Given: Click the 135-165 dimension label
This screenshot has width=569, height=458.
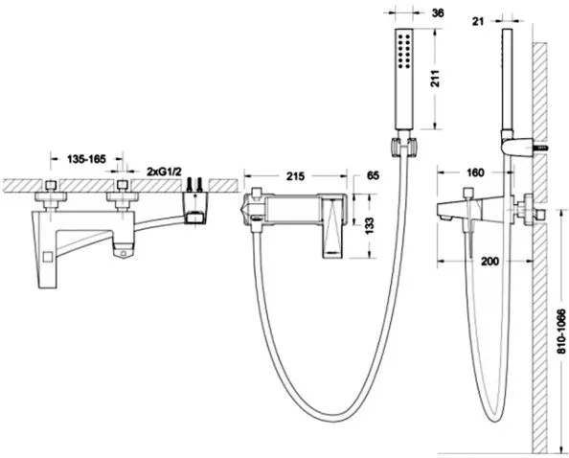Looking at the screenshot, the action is pos(86,159).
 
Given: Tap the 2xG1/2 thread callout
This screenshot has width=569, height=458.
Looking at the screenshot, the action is pos(164,172).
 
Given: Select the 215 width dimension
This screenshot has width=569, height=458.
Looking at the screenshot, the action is pos(296,176).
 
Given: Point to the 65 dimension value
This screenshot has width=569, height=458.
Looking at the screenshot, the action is pos(373,175).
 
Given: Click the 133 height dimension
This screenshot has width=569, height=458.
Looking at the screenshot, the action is pos(370,226).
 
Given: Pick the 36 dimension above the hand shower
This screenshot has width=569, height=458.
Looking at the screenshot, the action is pos(438,13).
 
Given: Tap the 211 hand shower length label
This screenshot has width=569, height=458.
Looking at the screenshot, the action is pos(436,78).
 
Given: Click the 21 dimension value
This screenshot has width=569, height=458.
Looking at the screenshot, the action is pos(478,22).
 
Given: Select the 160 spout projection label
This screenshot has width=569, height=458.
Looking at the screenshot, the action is pos(475,172).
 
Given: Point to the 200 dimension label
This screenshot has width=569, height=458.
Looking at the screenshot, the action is pos(489,261).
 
